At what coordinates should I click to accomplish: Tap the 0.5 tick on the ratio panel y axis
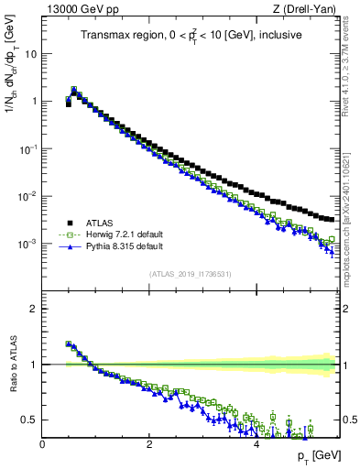(29, 420)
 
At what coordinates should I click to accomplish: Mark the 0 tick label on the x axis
(42, 444)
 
